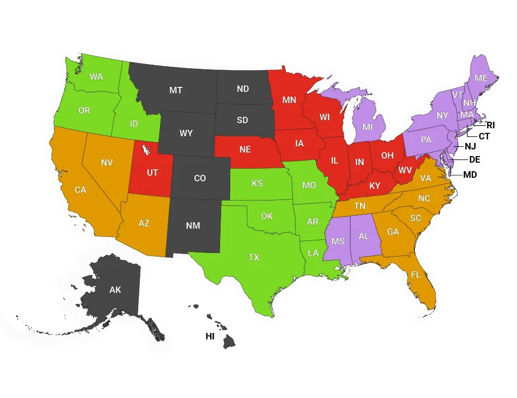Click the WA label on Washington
[x=96, y=77]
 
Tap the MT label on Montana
[x=176, y=90]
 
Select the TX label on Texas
[x=254, y=258]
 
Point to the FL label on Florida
[x=416, y=275]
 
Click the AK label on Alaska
[x=115, y=290]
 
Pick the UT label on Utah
[x=152, y=172]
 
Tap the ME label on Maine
[x=481, y=78]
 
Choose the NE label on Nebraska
[x=245, y=150]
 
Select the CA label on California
[x=80, y=190]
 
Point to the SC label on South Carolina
[x=416, y=218]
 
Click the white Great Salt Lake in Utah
[x=146, y=150]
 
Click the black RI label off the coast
[x=491, y=125]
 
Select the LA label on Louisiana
[x=314, y=253]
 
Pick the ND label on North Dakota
[x=243, y=89]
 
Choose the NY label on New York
[x=442, y=116]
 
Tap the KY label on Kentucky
[x=375, y=186]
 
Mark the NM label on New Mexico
[x=193, y=226]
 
